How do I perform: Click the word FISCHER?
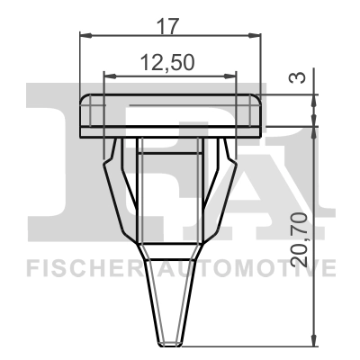pos(76,267)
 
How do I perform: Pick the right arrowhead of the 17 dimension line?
pos(258,35)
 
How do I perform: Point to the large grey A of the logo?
pos(288,162)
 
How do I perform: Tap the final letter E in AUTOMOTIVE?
pos(329,267)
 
